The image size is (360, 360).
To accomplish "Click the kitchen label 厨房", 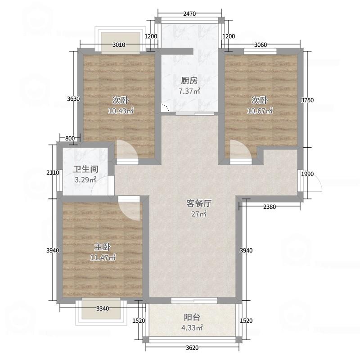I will [x=189, y=81].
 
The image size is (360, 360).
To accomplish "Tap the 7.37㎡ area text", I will [x=189, y=91].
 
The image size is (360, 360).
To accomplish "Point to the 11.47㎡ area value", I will [x=103, y=258].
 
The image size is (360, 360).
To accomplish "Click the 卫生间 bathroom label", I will [x=86, y=170].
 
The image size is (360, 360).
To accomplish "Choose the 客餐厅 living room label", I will [x=199, y=203].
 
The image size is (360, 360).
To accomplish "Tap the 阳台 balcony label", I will [x=192, y=317].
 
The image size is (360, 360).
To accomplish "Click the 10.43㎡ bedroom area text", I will [x=121, y=111].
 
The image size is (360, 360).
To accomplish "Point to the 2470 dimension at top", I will [x=189, y=14].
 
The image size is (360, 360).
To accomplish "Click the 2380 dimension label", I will [x=270, y=207].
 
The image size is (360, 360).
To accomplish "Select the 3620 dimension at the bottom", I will [x=192, y=347].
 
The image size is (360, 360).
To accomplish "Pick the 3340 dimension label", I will [x=103, y=308].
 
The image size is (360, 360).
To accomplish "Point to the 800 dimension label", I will [x=70, y=138].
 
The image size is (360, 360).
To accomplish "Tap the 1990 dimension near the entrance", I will [x=307, y=174].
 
